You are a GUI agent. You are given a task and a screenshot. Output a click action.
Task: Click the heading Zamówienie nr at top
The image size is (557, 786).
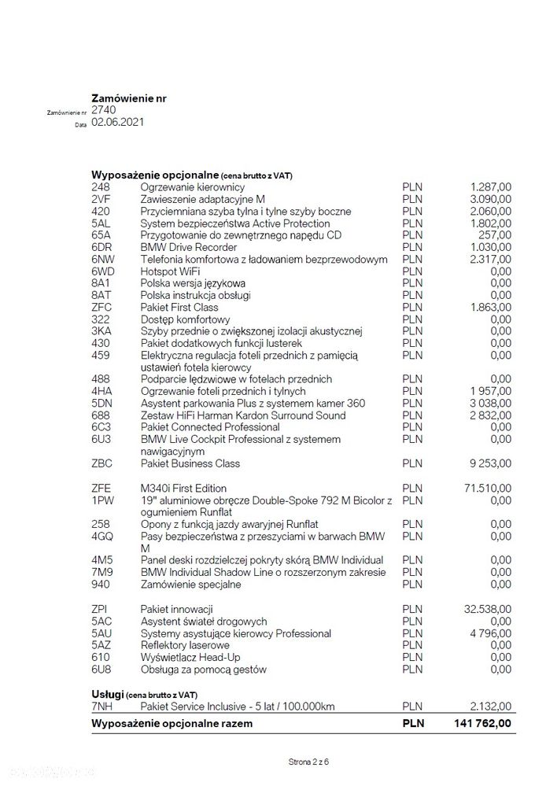coord(129,98)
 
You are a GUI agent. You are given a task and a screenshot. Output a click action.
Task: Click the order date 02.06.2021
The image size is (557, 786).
coord(118,122)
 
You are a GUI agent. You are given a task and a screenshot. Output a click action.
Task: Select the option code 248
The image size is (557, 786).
coord(101,187)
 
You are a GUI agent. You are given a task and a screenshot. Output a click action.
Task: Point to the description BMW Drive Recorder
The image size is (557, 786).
coord(183,247)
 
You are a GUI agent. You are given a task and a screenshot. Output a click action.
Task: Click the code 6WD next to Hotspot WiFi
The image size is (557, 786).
coord(103,271)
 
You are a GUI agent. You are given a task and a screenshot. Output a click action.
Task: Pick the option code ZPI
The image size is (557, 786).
coord(100,609)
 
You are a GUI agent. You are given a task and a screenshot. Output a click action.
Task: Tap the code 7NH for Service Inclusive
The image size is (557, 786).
coord(102,707)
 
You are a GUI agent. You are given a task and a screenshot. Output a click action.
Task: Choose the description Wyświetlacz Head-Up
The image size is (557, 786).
coord(191,657)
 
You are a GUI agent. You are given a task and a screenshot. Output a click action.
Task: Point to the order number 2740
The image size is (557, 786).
coord(104,110)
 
